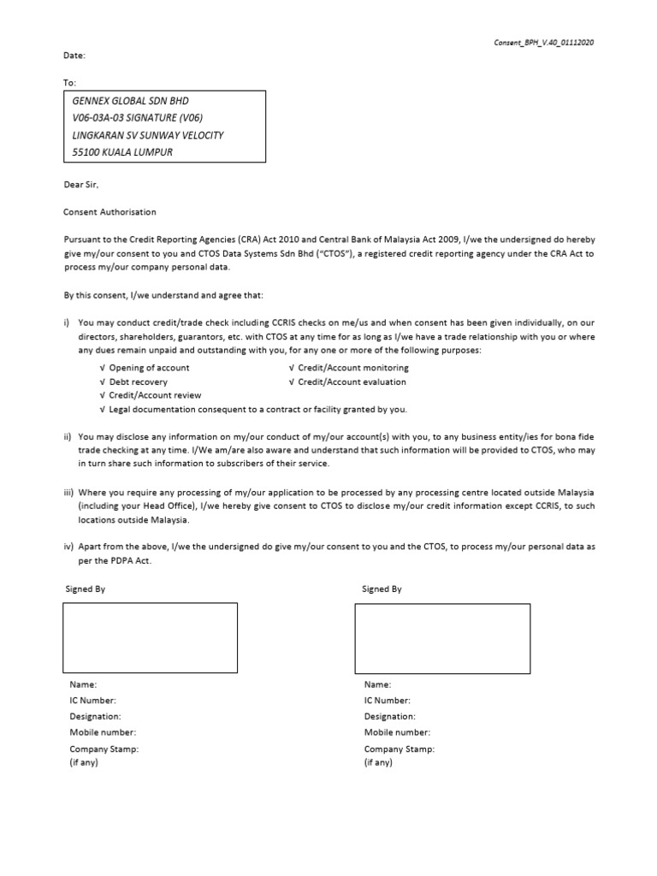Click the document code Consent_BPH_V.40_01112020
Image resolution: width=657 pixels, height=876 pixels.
click(x=546, y=43)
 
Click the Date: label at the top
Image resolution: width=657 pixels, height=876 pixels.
click(x=75, y=56)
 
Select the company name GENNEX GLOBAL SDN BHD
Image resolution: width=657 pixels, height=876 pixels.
click(x=131, y=100)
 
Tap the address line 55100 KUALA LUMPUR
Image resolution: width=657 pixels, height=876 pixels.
click(x=125, y=153)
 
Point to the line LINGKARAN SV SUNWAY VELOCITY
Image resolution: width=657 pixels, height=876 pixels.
click(x=150, y=135)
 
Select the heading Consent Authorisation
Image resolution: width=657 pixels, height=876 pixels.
click(x=110, y=211)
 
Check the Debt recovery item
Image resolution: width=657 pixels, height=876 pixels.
click(x=138, y=382)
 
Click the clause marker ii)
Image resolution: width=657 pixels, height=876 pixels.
click(x=68, y=436)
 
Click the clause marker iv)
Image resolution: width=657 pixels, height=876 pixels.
click(x=68, y=545)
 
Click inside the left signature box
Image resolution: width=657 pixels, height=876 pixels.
click(x=150, y=637)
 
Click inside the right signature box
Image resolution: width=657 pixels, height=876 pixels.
click(x=441, y=637)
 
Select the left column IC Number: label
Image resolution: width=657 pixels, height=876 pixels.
click(x=92, y=700)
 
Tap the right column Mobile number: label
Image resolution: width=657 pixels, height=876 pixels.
click(x=397, y=732)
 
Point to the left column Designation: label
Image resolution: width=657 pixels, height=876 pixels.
click(x=95, y=716)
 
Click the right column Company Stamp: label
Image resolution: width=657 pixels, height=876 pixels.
click(x=399, y=749)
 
